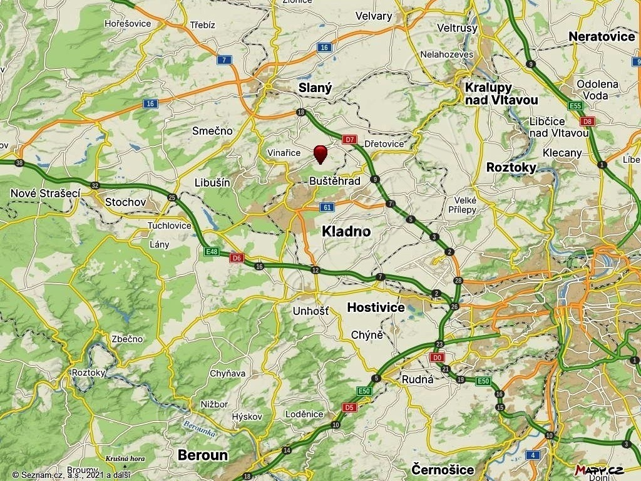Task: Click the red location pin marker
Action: pos(320,153)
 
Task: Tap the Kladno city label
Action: pos(346,231)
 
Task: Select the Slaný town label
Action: pos(315,88)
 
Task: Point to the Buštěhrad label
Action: pos(335,180)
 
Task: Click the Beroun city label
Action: pos(203,455)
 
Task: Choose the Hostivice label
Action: pos(376,308)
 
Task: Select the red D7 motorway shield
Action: pos(350,139)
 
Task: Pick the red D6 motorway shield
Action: pos(236,257)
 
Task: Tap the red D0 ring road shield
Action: pos(437,357)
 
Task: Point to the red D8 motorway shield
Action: pos(587,121)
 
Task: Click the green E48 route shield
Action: pos(212,252)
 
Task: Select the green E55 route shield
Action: pos(575,105)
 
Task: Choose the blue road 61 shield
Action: pos(327,207)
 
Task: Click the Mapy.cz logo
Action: pos(599,470)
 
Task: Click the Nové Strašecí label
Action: pos(46,194)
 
